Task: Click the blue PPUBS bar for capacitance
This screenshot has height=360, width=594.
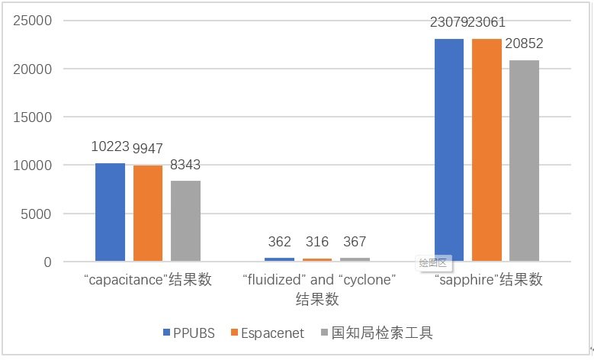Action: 110,212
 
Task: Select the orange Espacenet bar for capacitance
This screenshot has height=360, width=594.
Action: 148,214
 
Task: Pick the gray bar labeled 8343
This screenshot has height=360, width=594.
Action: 185,221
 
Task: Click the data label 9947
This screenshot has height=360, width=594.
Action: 148,148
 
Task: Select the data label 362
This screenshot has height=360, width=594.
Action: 279,242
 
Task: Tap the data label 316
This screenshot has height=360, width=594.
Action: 317,242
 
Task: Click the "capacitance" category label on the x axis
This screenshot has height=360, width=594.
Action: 148,280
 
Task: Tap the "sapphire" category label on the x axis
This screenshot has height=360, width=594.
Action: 488,280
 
